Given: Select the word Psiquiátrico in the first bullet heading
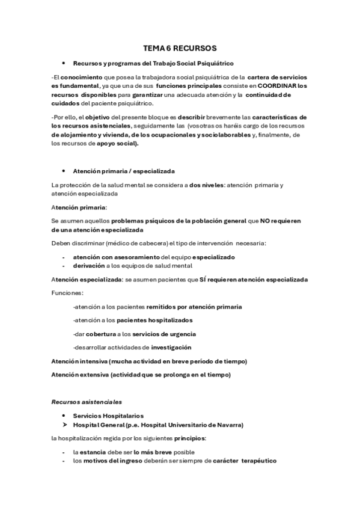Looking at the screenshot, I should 214,63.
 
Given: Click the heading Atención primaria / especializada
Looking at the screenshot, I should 115,171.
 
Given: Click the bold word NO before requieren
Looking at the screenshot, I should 265,221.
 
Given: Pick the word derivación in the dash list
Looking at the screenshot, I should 91,265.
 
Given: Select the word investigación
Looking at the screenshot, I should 171,348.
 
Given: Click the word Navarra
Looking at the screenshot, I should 228,425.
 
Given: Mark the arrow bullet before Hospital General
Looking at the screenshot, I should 65,425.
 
